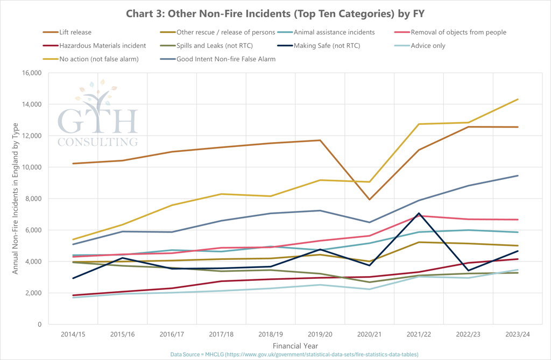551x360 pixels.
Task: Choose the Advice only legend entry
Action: point(428,46)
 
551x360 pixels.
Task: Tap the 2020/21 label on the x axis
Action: point(369,335)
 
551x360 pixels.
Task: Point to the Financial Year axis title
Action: point(295,345)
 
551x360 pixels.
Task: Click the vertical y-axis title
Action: point(16,199)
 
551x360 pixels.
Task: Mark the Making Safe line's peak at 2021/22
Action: point(418,213)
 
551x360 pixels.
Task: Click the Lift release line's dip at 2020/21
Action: point(370,200)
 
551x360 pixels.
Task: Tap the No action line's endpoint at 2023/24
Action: point(518,99)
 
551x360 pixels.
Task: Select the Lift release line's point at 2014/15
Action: point(74,164)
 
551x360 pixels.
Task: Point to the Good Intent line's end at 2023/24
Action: point(518,175)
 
